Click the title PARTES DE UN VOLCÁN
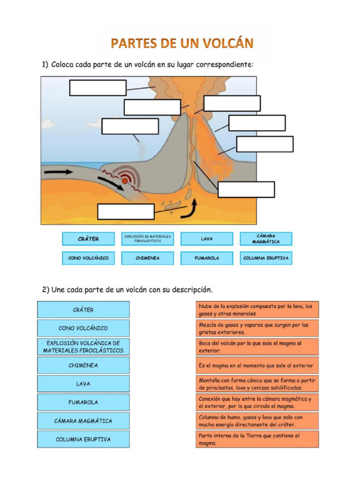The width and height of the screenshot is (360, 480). (182, 44)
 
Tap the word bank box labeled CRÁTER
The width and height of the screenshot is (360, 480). (88, 239)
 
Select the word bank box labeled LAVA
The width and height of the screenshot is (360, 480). (207, 239)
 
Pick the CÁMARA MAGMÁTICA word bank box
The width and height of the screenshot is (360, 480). (266, 239)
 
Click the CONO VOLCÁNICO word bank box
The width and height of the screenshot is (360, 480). (88, 258)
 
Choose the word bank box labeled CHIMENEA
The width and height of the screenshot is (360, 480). (147, 258)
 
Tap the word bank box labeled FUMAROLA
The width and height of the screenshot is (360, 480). (207, 258)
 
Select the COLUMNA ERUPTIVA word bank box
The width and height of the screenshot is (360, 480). (266, 258)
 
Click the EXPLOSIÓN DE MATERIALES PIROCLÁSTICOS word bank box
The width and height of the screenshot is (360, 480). (147, 239)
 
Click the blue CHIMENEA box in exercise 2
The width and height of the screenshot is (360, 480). (83, 365)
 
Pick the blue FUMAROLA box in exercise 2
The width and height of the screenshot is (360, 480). (83, 402)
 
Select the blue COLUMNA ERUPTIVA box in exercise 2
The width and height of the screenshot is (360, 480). (83, 439)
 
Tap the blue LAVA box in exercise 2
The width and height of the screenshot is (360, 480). (83, 383)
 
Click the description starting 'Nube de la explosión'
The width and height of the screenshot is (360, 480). (257, 310)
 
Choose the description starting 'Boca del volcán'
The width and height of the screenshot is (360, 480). (257, 347)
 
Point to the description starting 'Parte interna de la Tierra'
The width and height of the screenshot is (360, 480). (257, 439)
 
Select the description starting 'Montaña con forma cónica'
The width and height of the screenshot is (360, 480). (257, 384)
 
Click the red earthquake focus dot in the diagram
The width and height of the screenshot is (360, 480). (125, 180)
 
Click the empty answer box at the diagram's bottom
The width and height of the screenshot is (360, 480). (126, 211)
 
